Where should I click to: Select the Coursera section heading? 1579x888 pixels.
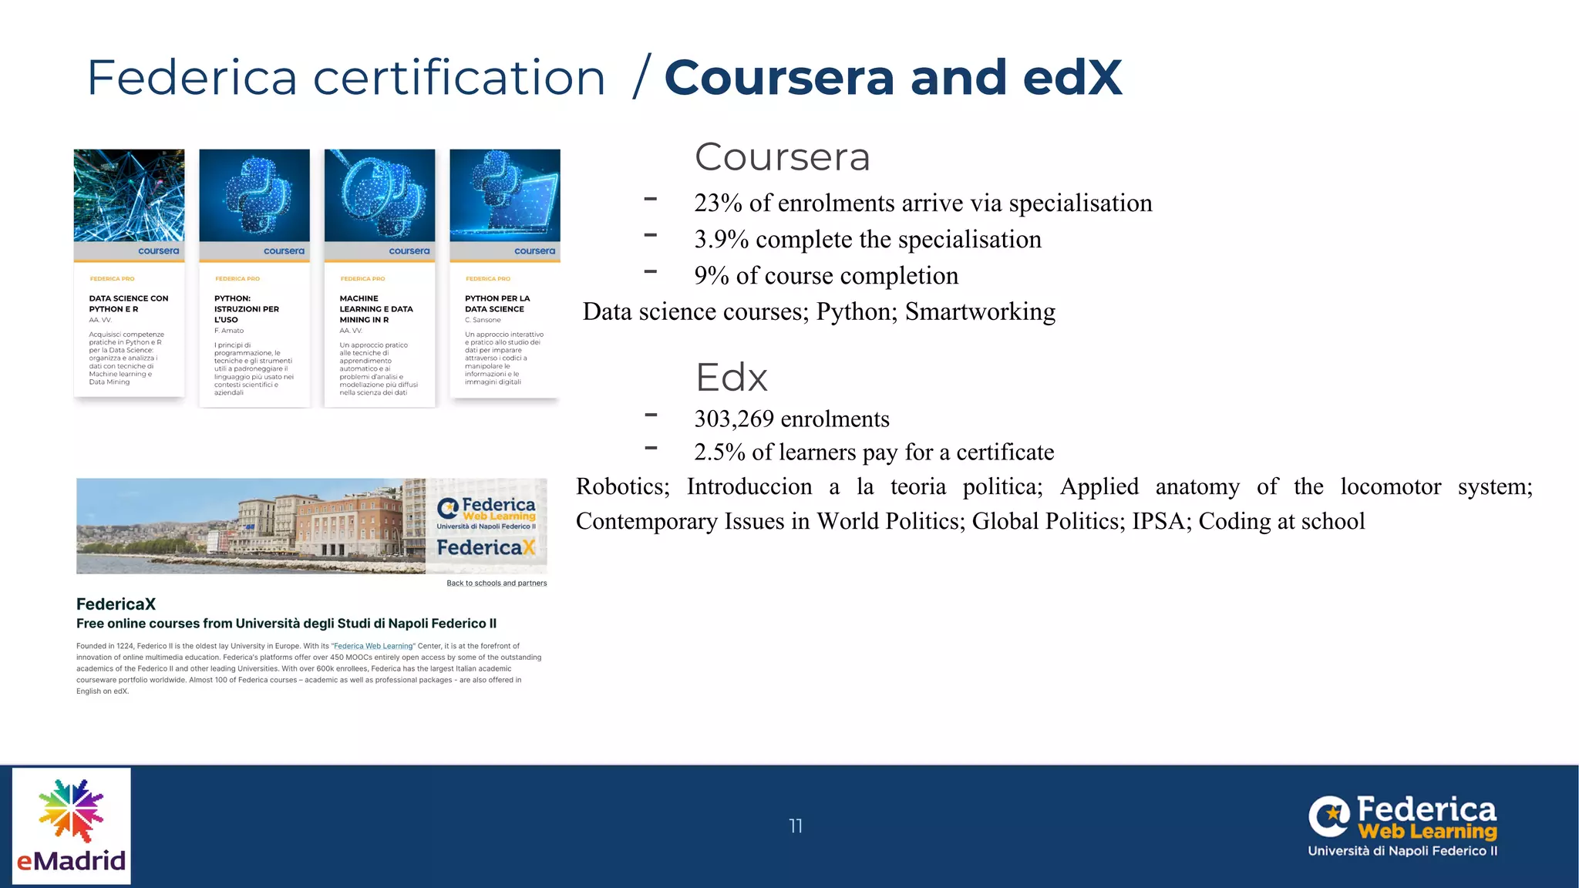coord(782,157)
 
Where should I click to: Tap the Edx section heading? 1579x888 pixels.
coord(731,378)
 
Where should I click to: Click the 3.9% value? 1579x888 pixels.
coord(721,239)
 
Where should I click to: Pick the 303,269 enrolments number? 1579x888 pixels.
coord(733,419)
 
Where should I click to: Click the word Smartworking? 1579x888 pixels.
coord(980,311)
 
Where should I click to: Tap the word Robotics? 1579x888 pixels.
coord(622,486)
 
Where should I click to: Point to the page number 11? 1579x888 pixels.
coord(796,826)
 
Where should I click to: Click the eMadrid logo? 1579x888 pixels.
coord(72,826)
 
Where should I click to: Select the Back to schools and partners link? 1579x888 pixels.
coord(497,583)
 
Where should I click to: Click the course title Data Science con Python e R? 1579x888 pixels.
coord(128,304)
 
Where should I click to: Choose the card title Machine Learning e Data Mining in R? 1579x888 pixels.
coord(376,309)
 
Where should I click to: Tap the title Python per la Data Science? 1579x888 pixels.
coord(497,304)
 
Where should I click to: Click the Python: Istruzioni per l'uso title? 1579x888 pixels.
coord(247,309)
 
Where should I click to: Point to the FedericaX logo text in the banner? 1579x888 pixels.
coord(486,547)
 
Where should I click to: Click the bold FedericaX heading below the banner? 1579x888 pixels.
coord(116,604)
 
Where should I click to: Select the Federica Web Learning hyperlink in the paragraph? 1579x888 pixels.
coord(373,646)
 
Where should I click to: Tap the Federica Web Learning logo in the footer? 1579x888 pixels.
coord(1402,826)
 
